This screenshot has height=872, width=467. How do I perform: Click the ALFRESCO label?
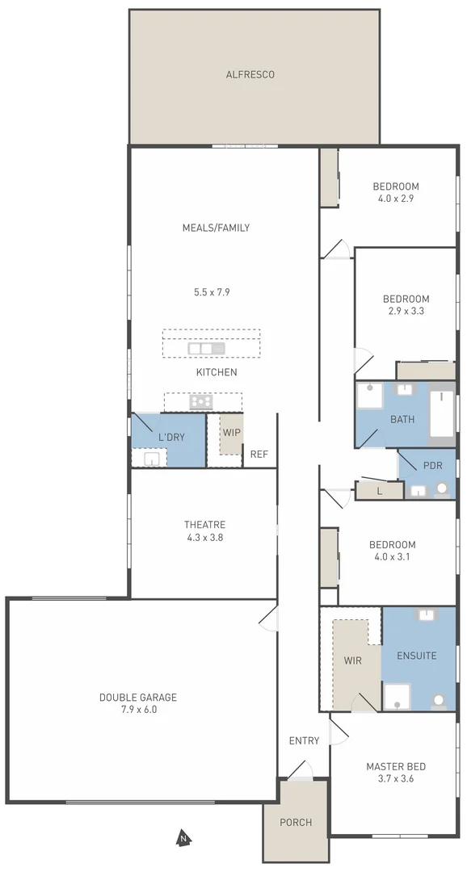tap(250, 74)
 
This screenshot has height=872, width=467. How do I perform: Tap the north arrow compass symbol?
tap(183, 838)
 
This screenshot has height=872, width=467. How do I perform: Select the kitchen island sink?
tap(206, 348)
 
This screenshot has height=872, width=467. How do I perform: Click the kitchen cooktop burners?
tap(201, 401)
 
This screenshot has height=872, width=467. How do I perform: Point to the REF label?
tap(259, 455)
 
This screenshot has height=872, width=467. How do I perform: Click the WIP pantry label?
tap(232, 432)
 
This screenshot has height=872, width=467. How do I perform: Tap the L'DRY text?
tap(171, 437)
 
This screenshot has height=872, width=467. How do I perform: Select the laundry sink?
tap(151, 459)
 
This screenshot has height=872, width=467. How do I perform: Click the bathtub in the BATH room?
tap(442, 413)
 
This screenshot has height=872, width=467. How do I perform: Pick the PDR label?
tap(432, 467)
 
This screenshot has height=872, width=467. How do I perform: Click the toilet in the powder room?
tap(442, 488)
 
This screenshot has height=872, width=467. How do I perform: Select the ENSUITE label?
tap(416, 656)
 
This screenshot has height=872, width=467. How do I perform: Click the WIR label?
tap(352, 660)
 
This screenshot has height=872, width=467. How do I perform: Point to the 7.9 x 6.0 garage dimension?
tap(137, 710)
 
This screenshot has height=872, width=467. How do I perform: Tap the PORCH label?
tap(295, 823)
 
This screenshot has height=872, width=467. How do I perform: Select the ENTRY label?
tap(304, 740)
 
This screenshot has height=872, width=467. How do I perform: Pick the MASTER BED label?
tap(396, 766)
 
